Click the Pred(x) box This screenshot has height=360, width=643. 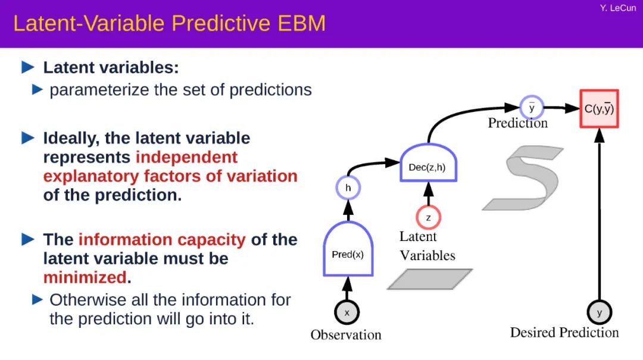coord(348,253)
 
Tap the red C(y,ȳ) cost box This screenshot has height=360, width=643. coord(599,108)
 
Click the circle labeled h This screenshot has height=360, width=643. coord(348,189)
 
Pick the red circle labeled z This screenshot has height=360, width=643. coord(428,218)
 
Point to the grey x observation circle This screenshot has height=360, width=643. coord(347,312)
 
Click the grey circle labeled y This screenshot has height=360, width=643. coord(599,312)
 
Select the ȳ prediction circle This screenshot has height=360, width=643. coord(531,108)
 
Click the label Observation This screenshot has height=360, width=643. coord(346,334)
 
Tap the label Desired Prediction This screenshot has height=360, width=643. coord(564,332)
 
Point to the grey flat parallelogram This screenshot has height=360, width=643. coord(429,279)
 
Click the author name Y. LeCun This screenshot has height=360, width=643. coord(618,8)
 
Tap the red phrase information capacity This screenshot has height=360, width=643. coord(162,240)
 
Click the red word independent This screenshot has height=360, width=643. coord(186,157)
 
